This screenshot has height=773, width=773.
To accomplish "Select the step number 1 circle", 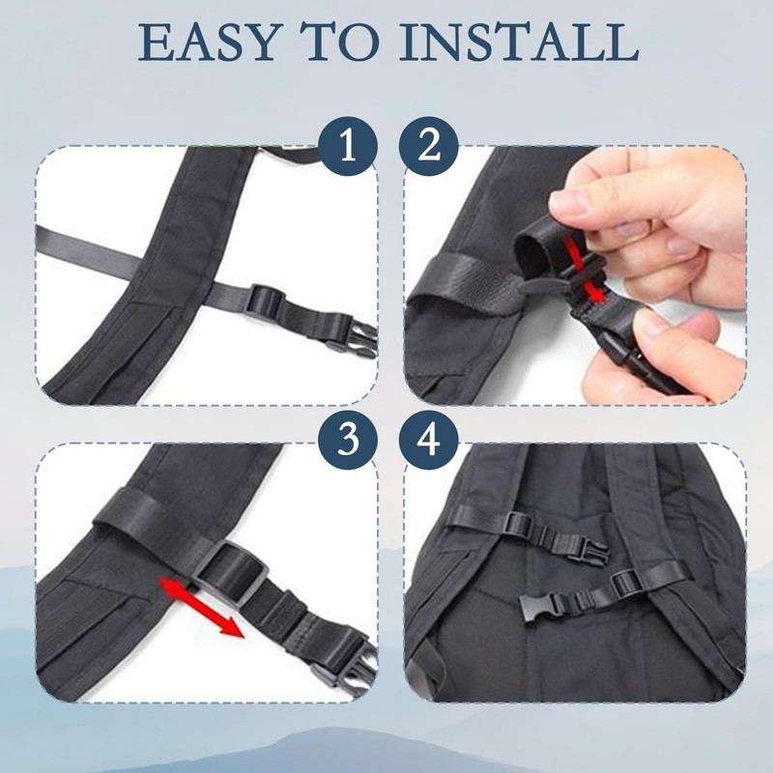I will coord(347,147).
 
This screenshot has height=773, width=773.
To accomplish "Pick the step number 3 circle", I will coord(347,442).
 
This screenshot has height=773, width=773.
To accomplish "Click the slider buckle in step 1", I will coord(267,299).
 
